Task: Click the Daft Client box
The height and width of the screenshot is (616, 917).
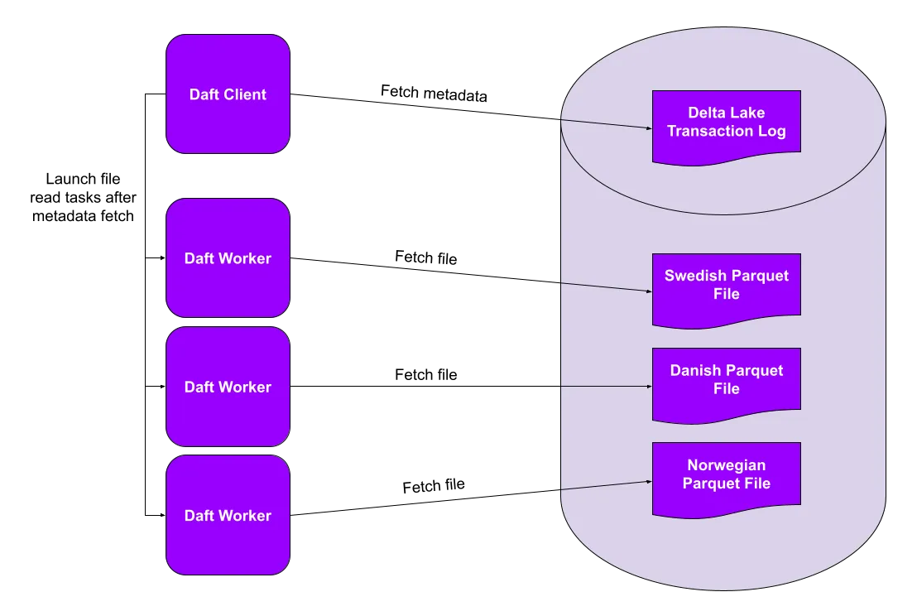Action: (228, 94)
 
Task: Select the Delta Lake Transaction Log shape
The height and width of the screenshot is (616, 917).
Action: (726, 124)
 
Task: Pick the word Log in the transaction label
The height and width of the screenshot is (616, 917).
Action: (773, 131)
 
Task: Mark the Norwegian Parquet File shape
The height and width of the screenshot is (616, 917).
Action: (726, 476)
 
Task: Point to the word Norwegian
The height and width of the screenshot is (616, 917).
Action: (726, 465)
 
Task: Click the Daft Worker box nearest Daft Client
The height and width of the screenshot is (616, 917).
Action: (228, 257)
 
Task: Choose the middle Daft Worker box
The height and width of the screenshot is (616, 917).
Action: (228, 387)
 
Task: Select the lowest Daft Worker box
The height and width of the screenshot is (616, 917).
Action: (228, 515)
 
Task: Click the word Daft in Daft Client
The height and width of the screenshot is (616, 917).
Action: (204, 94)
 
